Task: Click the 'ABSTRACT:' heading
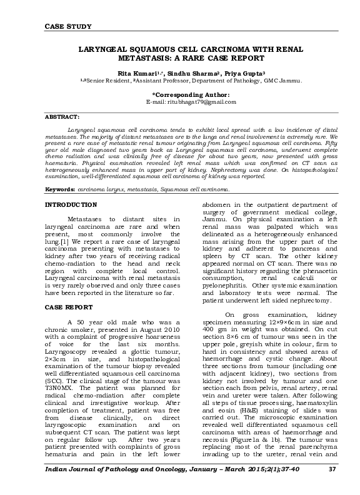coord(62,117)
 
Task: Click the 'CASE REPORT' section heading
coord(70,307)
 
